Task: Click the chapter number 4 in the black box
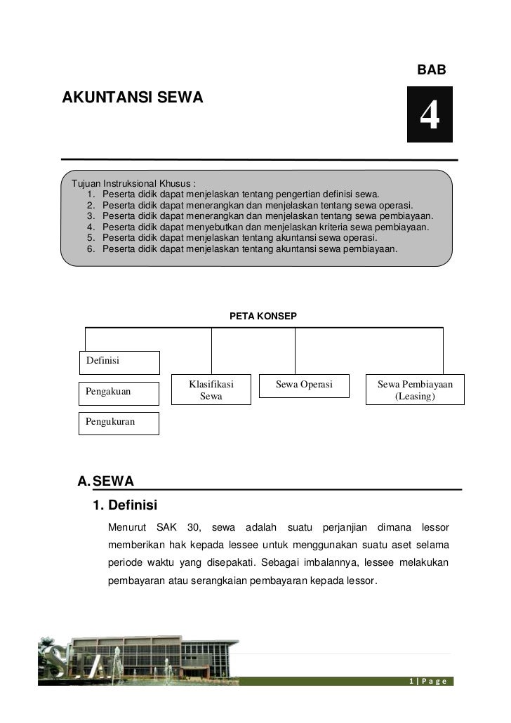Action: pyautogui.click(x=430, y=115)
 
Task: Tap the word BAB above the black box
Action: pyautogui.click(x=431, y=71)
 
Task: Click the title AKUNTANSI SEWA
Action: pyautogui.click(x=133, y=98)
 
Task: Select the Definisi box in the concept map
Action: pyautogui.click(x=119, y=361)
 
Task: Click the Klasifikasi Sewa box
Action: pyautogui.click(x=211, y=390)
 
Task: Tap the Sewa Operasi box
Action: pyautogui.click(x=303, y=385)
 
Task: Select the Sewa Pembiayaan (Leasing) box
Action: pyautogui.click(x=415, y=390)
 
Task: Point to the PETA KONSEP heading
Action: pyautogui.click(x=263, y=317)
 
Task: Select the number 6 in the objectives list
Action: pyautogui.click(x=90, y=248)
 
